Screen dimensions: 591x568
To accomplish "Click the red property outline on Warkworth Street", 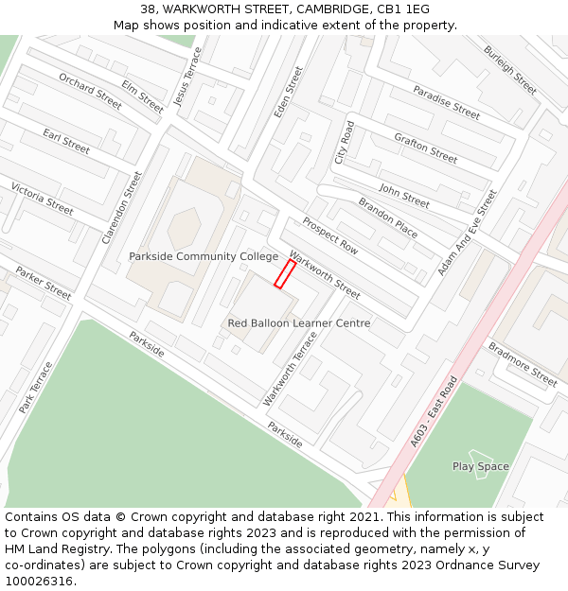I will [x=285, y=273].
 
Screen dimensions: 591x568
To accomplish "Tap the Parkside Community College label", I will [x=204, y=256].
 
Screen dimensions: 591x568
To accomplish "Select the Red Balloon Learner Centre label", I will [x=298, y=323].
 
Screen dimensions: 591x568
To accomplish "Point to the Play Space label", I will [x=480, y=466].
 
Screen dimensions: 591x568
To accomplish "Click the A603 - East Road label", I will [x=435, y=412].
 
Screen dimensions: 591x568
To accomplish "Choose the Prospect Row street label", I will [x=330, y=235].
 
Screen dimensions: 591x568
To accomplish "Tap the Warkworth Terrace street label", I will [x=284, y=369].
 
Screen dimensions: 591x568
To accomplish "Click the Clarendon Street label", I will [x=122, y=208].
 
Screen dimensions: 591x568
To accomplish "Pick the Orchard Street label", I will [x=91, y=91].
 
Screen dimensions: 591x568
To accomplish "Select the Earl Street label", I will [x=66, y=141].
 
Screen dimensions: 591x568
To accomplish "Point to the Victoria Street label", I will [x=42, y=199].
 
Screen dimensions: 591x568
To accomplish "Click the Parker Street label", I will [x=44, y=284].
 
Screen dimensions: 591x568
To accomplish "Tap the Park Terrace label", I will [x=36, y=387].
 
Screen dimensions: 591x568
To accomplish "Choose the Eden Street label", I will [x=288, y=92].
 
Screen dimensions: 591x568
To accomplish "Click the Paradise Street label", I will [x=446, y=102].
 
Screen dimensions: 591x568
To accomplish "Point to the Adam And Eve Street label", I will [x=467, y=233].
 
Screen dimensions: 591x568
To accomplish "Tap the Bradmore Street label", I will [x=523, y=364].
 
